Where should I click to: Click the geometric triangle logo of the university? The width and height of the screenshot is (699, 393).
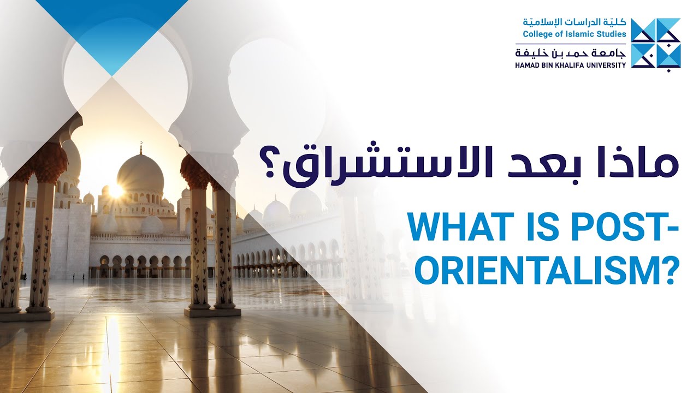[x=655, y=43]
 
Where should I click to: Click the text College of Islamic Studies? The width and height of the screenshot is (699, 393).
[x=574, y=34]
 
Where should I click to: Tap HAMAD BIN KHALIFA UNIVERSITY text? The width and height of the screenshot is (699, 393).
[x=570, y=65]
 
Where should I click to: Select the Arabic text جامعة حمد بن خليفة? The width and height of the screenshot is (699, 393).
[x=570, y=53]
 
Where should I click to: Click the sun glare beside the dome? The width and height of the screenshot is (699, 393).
[x=115, y=190]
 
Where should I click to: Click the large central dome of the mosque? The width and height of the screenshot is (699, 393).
[x=140, y=175]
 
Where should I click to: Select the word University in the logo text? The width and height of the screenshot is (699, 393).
[x=606, y=65]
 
